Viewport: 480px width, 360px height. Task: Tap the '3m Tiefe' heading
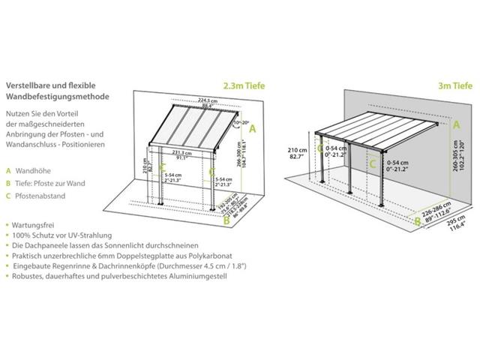[448, 85]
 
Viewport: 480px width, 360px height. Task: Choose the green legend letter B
[8, 183]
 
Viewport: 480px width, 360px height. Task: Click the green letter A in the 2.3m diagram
[253, 128]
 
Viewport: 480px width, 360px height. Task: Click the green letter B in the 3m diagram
[418, 220]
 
